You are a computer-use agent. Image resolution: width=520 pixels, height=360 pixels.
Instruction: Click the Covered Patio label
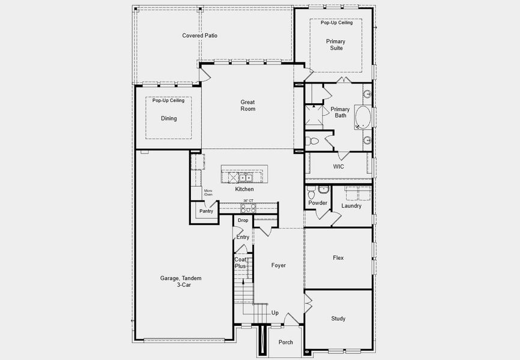[200, 36]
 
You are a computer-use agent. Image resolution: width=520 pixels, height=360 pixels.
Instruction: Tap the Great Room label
[248, 106]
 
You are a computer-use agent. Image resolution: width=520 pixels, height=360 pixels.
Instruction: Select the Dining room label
[169, 119]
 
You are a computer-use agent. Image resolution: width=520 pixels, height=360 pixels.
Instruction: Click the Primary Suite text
[336, 44]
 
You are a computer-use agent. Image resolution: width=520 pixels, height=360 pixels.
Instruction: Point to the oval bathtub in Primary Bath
[363, 118]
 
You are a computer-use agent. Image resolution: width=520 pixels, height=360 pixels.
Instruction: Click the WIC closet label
[339, 167]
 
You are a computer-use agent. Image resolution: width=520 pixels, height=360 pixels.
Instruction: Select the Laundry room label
[351, 206]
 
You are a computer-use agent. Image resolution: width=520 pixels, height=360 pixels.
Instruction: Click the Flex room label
[338, 258]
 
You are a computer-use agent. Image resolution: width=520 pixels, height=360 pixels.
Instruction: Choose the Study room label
[338, 319]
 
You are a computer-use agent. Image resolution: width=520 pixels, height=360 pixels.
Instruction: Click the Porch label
[286, 343]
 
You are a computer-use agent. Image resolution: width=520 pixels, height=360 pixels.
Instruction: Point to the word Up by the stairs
[275, 313]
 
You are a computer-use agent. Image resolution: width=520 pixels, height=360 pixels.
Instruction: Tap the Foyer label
[279, 265]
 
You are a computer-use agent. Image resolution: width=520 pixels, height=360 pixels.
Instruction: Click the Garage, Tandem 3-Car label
[181, 281]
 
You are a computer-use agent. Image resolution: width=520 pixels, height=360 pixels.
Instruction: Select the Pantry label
[206, 211]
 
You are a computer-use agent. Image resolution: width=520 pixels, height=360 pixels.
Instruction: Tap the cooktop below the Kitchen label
[248, 209]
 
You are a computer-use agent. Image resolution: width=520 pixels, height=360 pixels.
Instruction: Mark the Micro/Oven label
[208, 193]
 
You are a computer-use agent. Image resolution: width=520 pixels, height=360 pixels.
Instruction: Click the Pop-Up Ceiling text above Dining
[168, 101]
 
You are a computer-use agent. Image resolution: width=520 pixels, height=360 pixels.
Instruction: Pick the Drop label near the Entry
[243, 221]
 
